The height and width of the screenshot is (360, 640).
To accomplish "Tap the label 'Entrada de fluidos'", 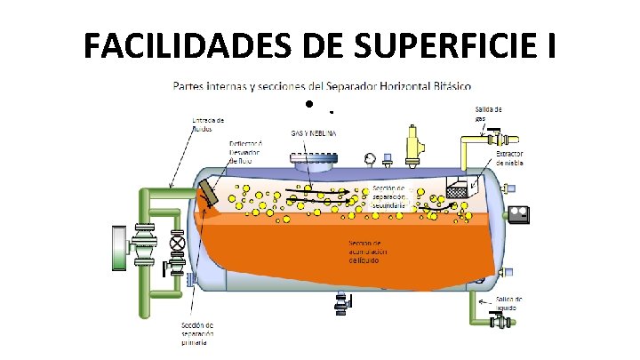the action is [x=210, y=123].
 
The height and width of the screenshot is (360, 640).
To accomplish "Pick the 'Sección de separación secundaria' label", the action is [x=389, y=196].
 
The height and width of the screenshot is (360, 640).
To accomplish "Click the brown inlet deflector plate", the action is [x=209, y=193].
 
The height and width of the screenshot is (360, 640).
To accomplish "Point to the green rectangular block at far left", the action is [x=118, y=247].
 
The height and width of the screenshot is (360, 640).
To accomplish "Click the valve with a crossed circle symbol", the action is [x=177, y=242].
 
